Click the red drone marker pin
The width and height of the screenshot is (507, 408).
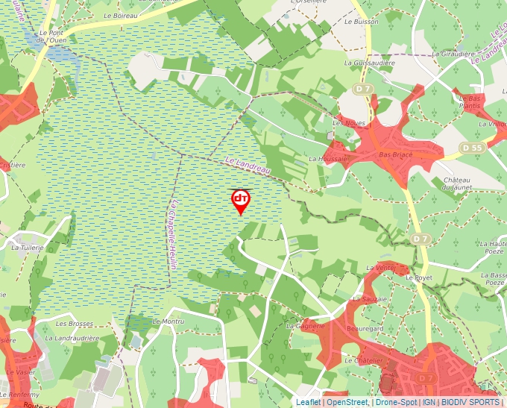point(240,201)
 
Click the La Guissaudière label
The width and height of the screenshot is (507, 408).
point(368,63)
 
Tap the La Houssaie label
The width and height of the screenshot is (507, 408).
point(328,159)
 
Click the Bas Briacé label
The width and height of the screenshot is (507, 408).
point(395,154)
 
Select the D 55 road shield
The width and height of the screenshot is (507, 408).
point(471,148)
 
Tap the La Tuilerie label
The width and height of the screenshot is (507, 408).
point(28,247)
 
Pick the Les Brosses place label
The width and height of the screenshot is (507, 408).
point(74,324)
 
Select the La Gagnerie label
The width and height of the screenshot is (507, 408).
point(305,326)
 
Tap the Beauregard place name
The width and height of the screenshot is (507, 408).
point(365,328)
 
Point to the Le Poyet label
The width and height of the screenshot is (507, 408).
point(419,277)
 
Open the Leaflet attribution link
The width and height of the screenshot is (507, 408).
point(308,402)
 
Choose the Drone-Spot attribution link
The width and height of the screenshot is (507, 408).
point(395,402)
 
